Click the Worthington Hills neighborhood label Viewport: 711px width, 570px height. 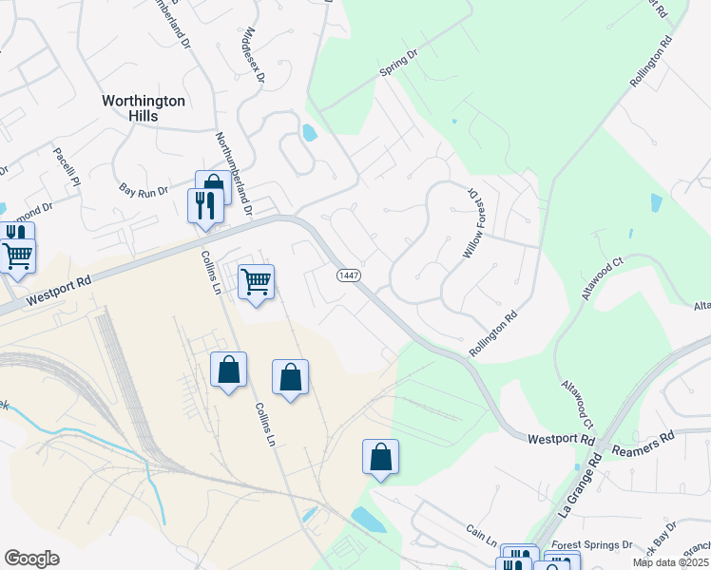(144, 107)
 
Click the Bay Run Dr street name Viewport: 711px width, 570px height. (144, 191)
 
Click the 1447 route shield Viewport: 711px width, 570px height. (348, 275)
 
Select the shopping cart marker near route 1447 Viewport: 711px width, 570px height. (256, 281)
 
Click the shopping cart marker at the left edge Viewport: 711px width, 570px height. (17, 256)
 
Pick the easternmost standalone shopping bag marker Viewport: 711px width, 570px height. (380, 457)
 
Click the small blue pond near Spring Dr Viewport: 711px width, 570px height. (309, 133)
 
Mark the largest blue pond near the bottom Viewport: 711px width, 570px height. (368, 520)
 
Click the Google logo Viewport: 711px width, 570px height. (31, 559)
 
